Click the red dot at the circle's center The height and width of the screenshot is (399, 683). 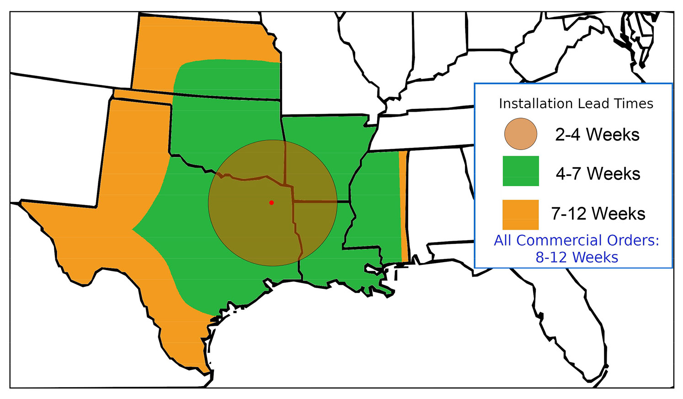[x=272, y=202]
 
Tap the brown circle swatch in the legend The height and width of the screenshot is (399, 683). [x=520, y=134]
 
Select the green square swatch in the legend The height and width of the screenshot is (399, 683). [x=520, y=171]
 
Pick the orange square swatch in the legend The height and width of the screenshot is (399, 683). [x=520, y=214]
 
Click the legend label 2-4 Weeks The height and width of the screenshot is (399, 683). [x=597, y=135]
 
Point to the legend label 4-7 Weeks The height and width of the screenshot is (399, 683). [x=598, y=174]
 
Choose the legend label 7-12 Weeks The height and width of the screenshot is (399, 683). [x=598, y=214]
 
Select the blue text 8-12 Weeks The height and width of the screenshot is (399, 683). [x=576, y=257]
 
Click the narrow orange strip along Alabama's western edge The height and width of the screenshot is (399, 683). [x=403, y=206]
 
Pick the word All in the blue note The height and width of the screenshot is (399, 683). [x=503, y=240]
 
